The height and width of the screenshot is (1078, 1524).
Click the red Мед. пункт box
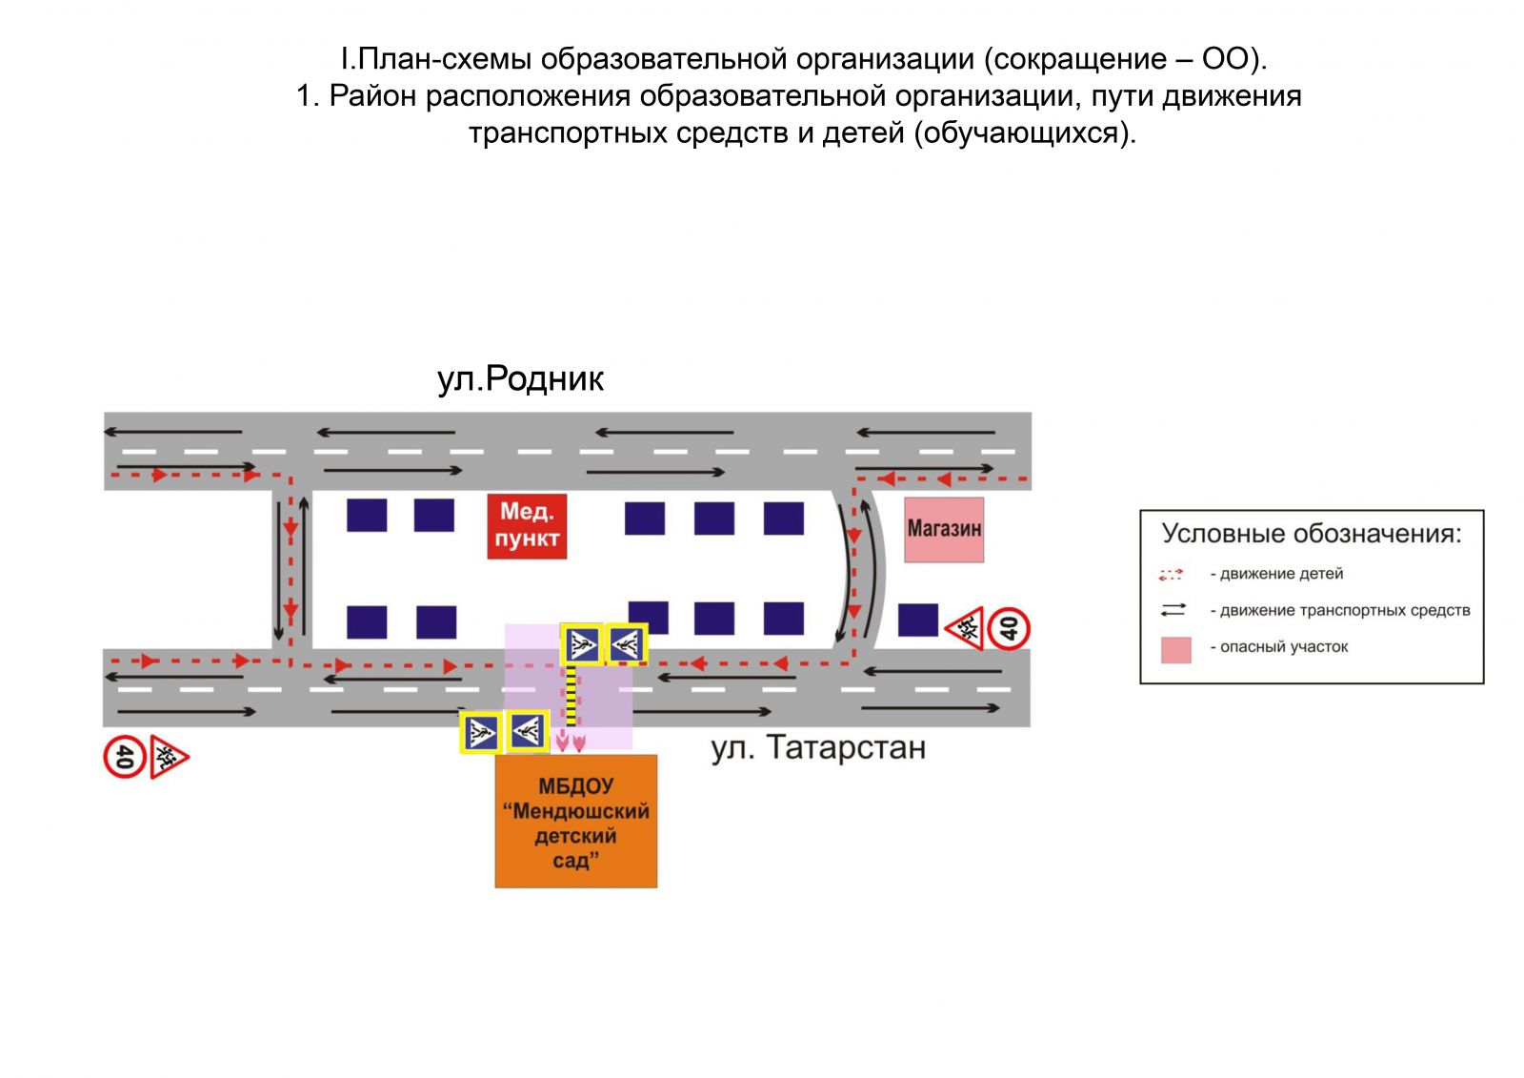pos(527,525)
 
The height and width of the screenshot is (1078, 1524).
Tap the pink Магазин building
pos(943,529)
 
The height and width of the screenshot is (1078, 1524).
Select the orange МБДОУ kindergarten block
pos(575,822)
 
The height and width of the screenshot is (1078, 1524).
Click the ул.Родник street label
pos(520,379)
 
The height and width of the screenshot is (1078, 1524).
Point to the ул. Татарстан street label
pos(818,748)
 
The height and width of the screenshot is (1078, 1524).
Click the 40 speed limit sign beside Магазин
pos(1009,628)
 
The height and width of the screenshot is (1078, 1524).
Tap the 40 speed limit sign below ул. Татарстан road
pos(124,757)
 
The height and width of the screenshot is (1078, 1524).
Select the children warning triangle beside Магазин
pos(966,628)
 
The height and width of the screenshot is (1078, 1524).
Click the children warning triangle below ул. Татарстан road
pos(168,758)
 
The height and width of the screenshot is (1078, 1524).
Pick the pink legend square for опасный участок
pos(1175,649)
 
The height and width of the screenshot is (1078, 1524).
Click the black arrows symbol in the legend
pos(1173,610)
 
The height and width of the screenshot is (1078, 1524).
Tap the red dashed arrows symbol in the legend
pos(1171,575)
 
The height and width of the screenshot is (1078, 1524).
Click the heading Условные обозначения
pos(1312,534)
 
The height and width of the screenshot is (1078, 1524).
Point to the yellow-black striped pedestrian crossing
pos(571,697)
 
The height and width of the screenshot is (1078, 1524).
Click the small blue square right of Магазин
pos(918,620)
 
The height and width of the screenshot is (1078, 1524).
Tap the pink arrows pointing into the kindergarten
pos(571,741)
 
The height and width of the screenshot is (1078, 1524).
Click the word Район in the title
pos(372,96)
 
